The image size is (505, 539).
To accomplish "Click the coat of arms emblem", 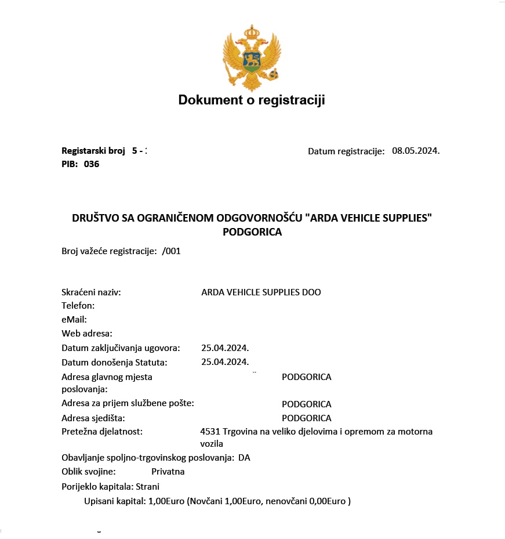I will click(252, 57).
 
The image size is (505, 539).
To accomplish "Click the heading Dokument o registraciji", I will click(252, 100).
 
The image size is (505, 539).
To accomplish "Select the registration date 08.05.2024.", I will click(416, 151).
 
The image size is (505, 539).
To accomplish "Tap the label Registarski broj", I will click(93, 151).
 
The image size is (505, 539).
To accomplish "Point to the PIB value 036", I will click(92, 164).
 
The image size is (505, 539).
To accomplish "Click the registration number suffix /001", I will click(172, 251).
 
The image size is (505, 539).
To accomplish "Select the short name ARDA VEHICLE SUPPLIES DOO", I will click(261, 292).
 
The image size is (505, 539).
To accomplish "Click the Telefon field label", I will click(78, 305).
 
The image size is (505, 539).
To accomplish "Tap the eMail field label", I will click(74, 319).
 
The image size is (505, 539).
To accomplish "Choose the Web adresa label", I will click(87, 333).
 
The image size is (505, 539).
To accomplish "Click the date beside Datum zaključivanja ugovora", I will click(225, 348).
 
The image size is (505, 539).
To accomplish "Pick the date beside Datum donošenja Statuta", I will click(225, 362).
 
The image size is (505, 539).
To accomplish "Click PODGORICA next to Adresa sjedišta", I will click(306, 418).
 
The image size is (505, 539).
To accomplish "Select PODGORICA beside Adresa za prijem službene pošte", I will click(306, 404).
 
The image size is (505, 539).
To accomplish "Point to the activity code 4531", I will click(209, 432).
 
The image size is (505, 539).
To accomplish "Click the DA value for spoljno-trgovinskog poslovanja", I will click(244, 457).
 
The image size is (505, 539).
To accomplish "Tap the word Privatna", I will click(168, 471).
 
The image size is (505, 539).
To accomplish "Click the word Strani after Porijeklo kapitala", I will click(147, 486).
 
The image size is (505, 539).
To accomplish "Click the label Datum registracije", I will click(346, 151).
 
